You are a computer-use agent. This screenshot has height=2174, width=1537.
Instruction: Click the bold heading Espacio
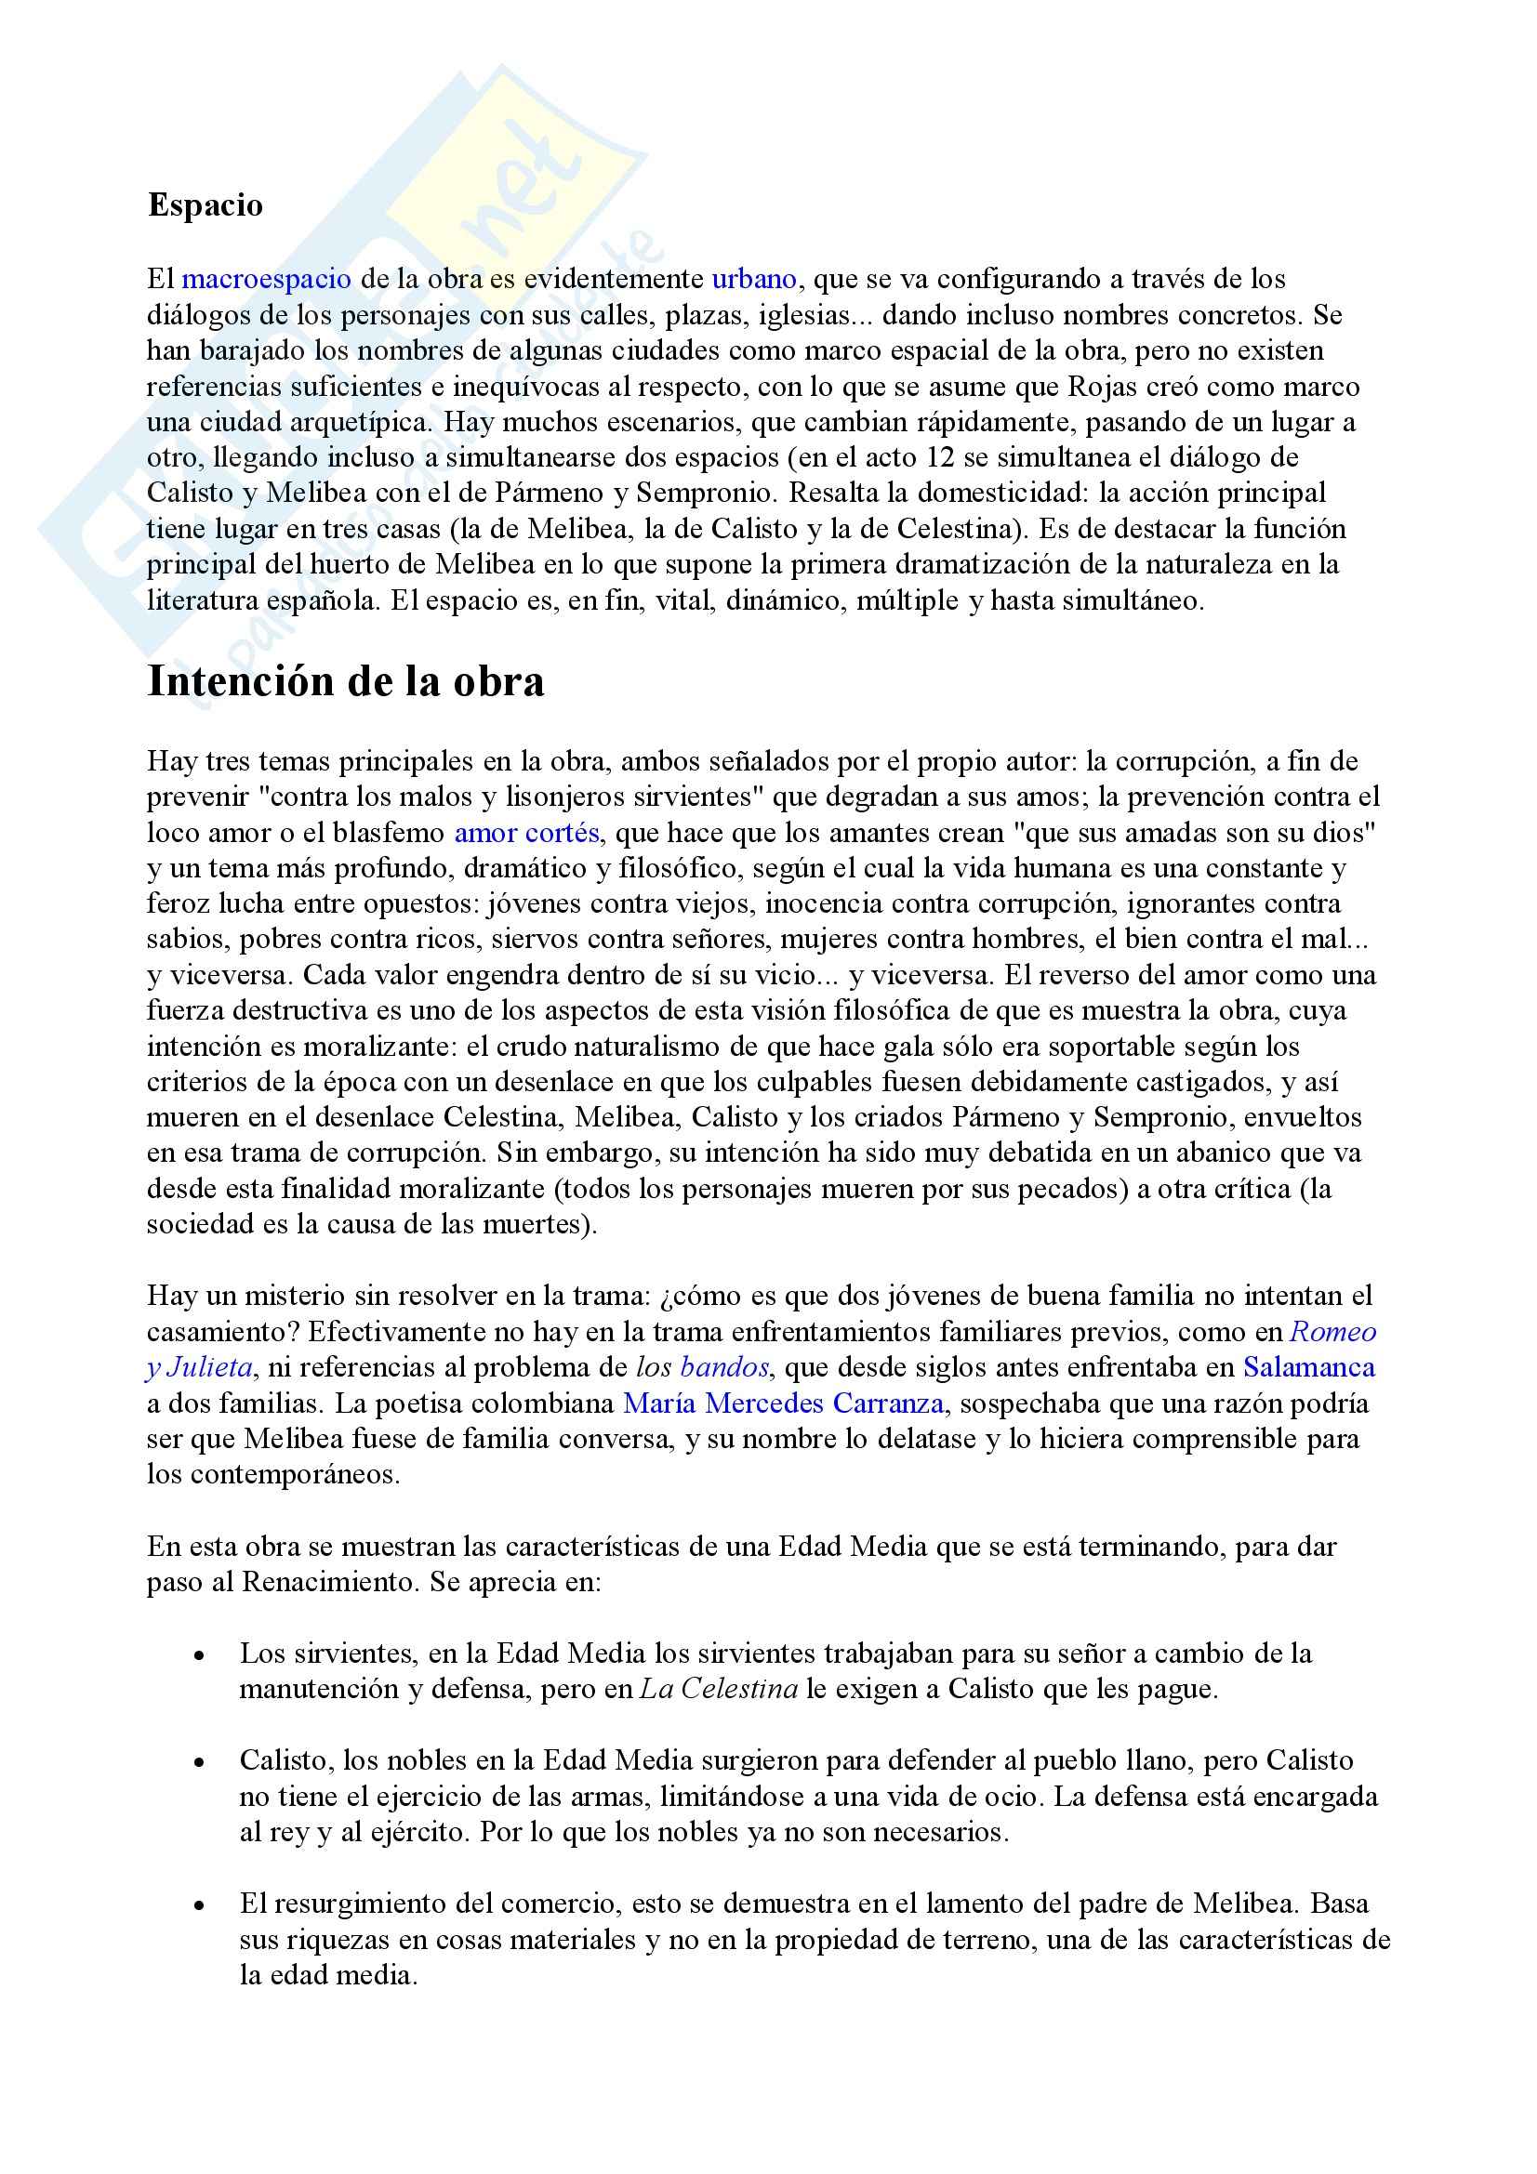[x=205, y=205]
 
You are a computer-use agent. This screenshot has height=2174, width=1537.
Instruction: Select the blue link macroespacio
[x=266, y=280]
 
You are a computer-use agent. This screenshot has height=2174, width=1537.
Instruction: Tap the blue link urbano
[x=754, y=280]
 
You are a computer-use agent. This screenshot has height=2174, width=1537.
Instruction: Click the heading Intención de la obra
[x=346, y=681]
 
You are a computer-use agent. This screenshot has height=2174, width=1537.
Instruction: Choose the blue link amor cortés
[x=526, y=833]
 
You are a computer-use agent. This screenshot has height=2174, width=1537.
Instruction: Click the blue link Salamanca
[x=1309, y=1367]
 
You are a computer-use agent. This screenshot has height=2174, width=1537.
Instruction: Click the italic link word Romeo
[x=1333, y=1332]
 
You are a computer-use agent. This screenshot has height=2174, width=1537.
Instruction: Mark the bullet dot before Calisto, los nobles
[x=198, y=1763]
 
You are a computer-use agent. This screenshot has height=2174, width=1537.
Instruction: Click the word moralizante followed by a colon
[x=368, y=1047]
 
